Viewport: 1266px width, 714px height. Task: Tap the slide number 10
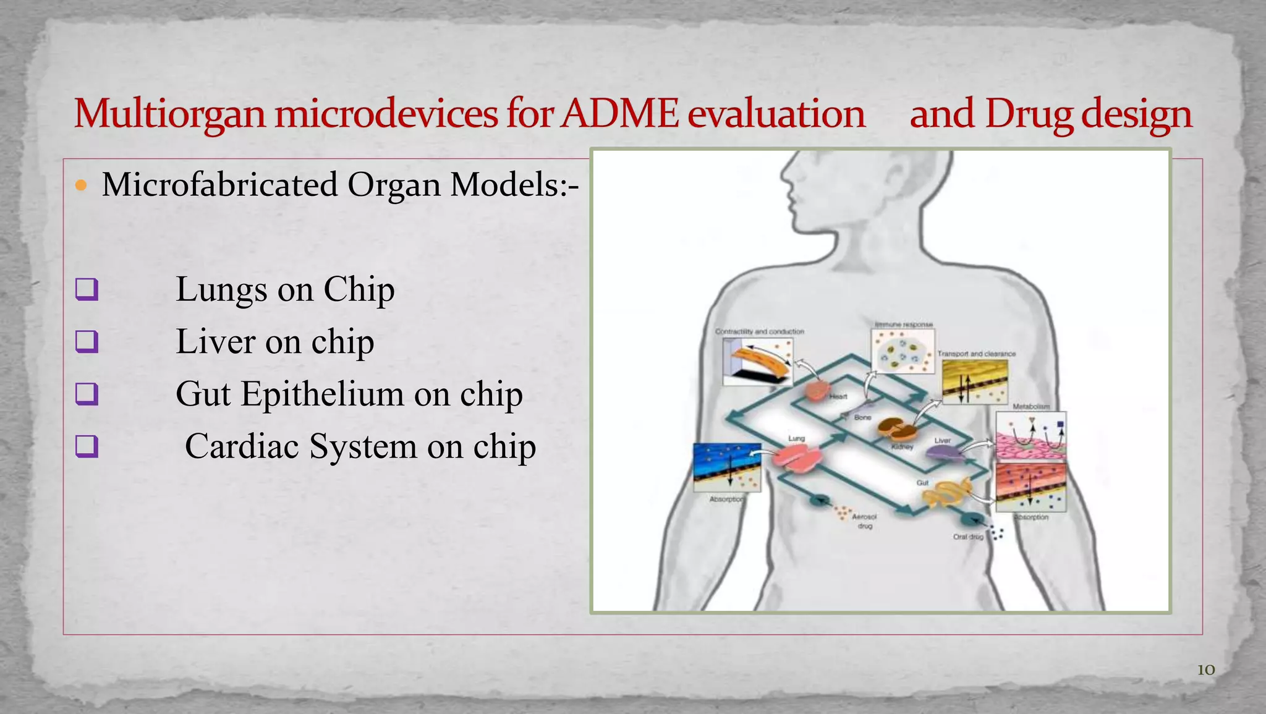pyautogui.click(x=1205, y=669)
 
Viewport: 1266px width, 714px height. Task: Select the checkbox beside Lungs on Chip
pyautogui.click(x=87, y=289)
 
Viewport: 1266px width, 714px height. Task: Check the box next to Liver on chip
pyautogui.click(x=87, y=341)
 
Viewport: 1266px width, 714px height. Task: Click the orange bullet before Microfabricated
pyautogui.click(x=81, y=185)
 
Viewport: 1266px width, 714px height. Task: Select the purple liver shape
pyautogui.click(x=944, y=454)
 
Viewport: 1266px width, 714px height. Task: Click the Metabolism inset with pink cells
pyautogui.click(x=1030, y=436)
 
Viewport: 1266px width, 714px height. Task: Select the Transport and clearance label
pyautogui.click(x=976, y=354)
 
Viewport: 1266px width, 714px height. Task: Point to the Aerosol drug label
pyautogui.click(x=864, y=521)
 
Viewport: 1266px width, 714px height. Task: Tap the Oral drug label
pyautogui.click(x=967, y=537)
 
